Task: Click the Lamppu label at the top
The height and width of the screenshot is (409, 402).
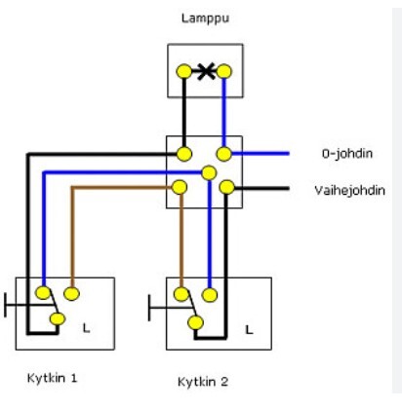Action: pyautogui.click(x=205, y=19)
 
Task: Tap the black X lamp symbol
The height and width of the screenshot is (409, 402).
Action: pyautogui.click(x=206, y=71)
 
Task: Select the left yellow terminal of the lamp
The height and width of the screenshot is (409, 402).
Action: pyautogui.click(x=184, y=71)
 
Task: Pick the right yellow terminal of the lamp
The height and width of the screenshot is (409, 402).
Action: pyautogui.click(x=224, y=71)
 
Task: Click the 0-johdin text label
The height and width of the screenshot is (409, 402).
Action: pyautogui.click(x=347, y=153)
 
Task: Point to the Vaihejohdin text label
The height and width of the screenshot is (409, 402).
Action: pyautogui.click(x=349, y=190)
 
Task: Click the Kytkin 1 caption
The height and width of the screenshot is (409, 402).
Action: pyautogui.click(x=52, y=378)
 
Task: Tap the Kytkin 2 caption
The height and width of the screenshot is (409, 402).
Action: pyautogui.click(x=203, y=382)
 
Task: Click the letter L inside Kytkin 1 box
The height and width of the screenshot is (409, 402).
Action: pyautogui.click(x=86, y=328)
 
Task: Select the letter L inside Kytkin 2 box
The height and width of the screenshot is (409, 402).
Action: pyautogui.click(x=249, y=330)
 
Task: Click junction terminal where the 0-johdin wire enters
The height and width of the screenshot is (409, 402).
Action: pyautogui.click(x=224, y=154)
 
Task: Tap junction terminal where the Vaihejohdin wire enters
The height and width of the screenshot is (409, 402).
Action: pyautogui.click(x=226, y=187)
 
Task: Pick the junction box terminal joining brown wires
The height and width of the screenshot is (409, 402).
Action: pyautogui.click(x=180, y=187)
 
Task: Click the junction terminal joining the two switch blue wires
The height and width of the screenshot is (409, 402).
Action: pyautogui.click(x=209, y=172)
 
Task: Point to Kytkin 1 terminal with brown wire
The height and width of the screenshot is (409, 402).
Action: pyautogui.click(x=72, y=294)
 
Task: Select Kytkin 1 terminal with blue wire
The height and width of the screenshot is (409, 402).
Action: pyautogui.click(x=43, y=293)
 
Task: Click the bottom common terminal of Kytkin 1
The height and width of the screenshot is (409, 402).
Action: pyautogui.click(x=58, y=319)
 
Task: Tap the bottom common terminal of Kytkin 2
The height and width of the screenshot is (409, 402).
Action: pyautogui.click(x=196, y=322)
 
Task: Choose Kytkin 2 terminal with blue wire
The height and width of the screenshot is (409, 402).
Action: pyautogui.click(x=210, y=295)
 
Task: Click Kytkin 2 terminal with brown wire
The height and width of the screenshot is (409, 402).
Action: pyautogui.click(x=181, y=294)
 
